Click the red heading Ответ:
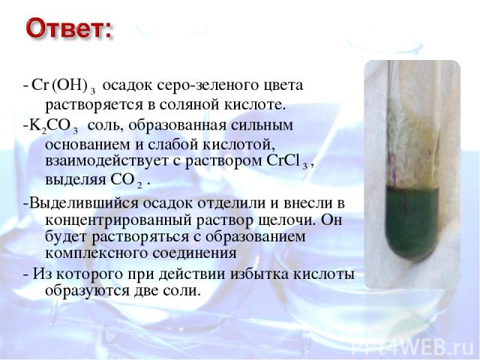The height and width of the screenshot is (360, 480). pyautogui.click(x=68, y=28)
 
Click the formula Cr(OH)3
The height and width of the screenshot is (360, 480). pyautogui.click(x=64, y=85)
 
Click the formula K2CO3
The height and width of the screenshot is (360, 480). pyautogui.click(x=53, y=127)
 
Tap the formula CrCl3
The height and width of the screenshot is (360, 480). pyautogui.click(x=286, y=161)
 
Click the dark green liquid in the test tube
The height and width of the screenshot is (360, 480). pyautogui.click(x=412, y=220)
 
